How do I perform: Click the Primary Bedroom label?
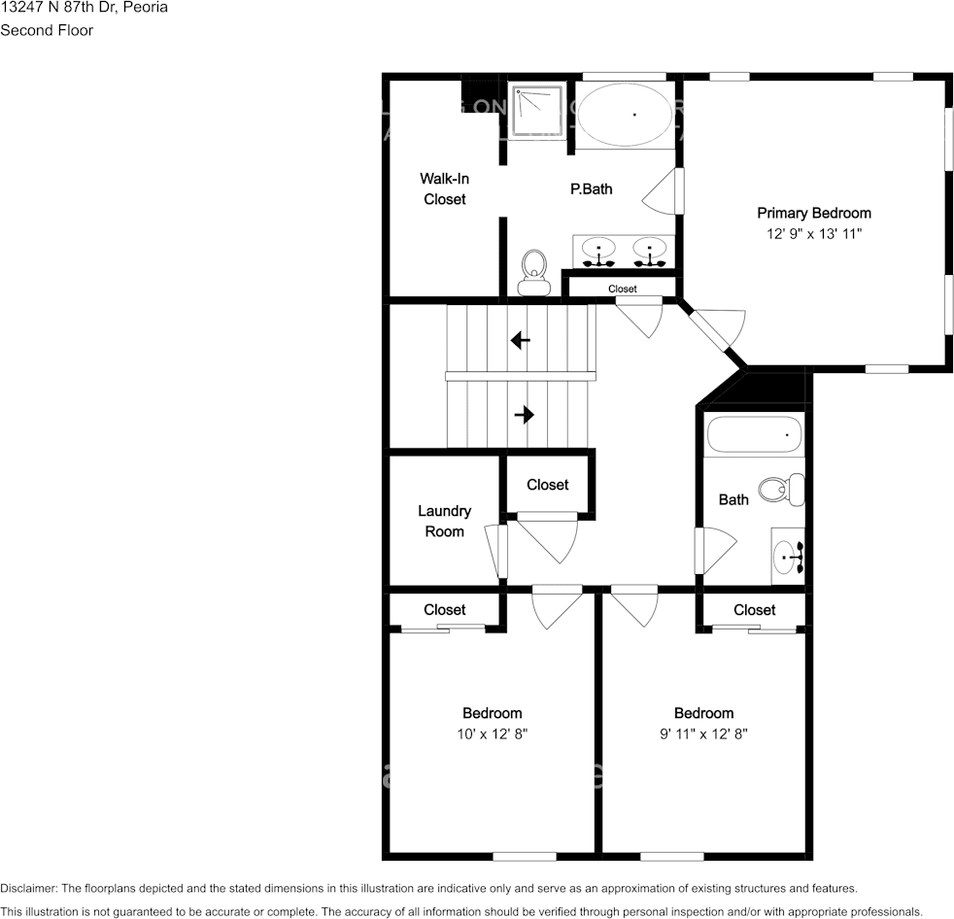(x=813, y=213)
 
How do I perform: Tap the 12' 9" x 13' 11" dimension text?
(x=813, y=234)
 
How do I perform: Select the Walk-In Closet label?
(x=444, y=188)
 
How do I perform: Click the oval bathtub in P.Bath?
(x=625, y=115)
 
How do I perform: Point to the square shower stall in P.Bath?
(x=538, y=113)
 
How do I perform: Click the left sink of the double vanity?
(x=598, y=252)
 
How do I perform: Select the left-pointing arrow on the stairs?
(x=521, y=340)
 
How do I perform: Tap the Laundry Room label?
(x=444, y=521)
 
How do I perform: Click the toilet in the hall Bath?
(x=782, y=489)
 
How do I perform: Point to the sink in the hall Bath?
(x=788, y=557)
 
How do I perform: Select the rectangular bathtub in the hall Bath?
(x=754, y=434)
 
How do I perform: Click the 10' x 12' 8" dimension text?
(x=492, y=734)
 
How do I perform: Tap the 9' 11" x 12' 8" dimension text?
(x=703, y=734)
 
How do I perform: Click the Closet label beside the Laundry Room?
(x=547, y=485)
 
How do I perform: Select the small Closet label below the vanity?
(x=622, y=289)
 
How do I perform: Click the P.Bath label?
(x=591, y=189)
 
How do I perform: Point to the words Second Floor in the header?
(x=47, y=30)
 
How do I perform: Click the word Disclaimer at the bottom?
(x=28, y=888)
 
